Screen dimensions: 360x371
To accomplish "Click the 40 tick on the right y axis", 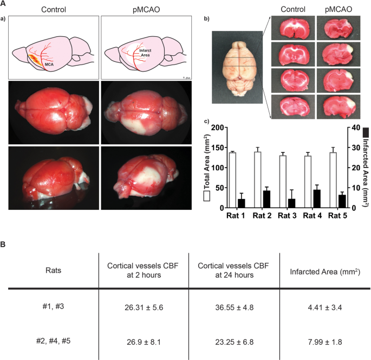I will (354, 128).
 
